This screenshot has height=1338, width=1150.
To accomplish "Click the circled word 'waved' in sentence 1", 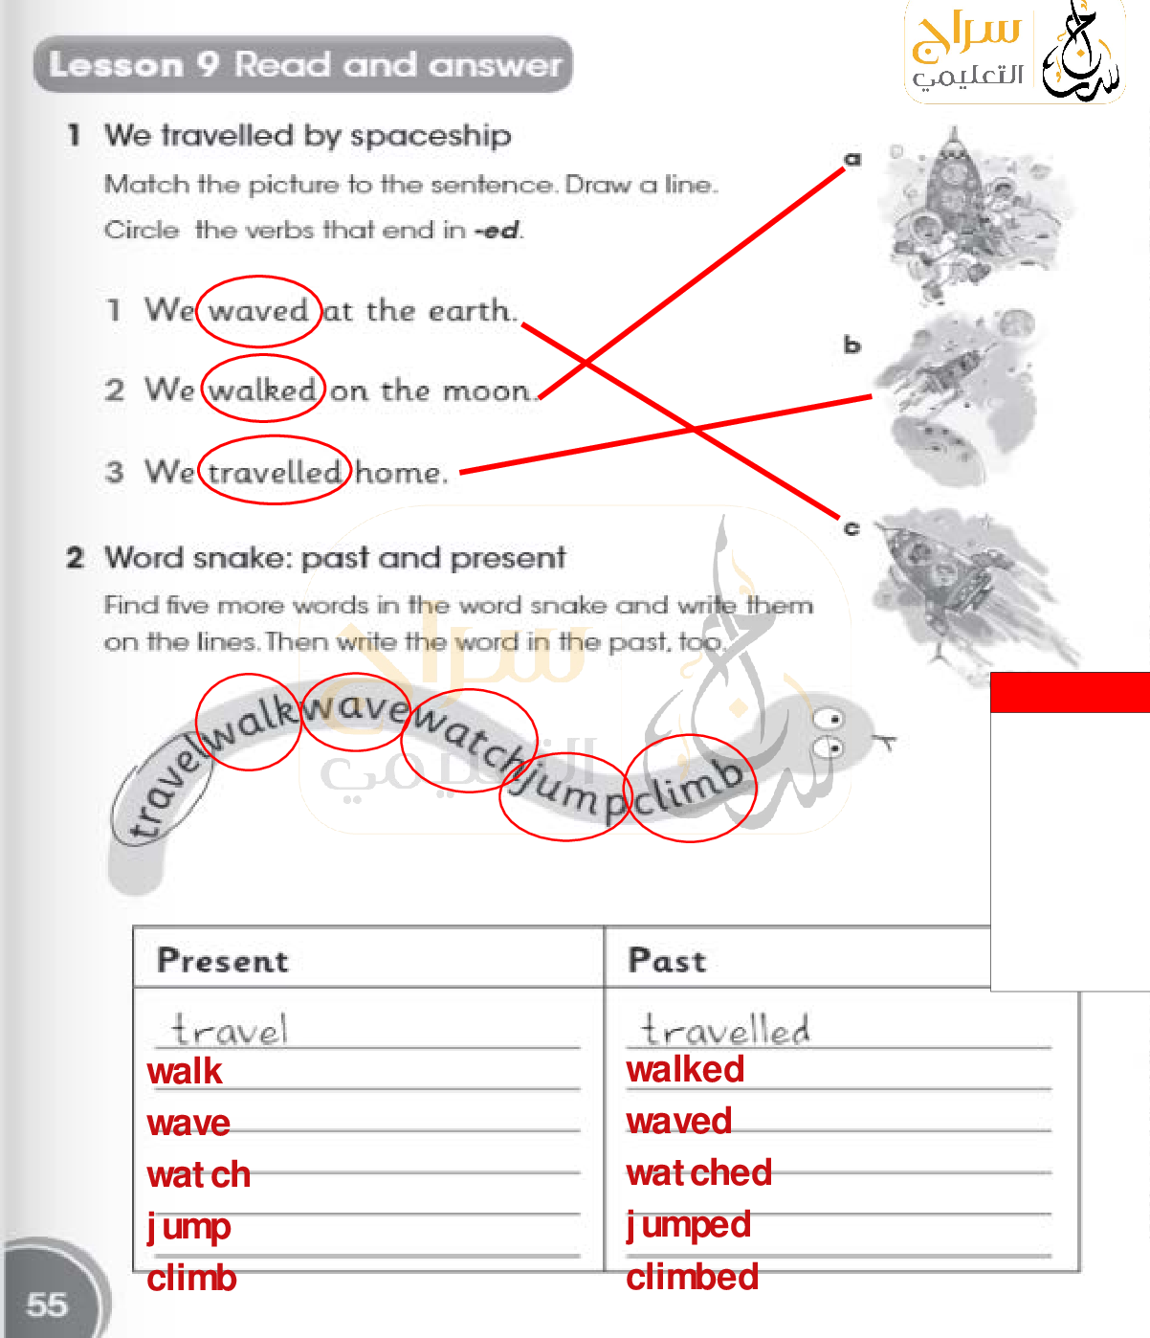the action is (258, 311).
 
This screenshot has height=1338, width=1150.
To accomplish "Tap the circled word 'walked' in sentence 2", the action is (262, 390).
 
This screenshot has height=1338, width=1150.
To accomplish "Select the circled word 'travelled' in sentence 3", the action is (275, 472).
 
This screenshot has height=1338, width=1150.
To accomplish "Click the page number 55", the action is (47, 1305).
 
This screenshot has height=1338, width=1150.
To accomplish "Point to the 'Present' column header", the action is (223, 960).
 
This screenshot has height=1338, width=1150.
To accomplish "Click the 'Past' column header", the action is (667, 960).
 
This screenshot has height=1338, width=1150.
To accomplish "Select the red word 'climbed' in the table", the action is (692, 1277).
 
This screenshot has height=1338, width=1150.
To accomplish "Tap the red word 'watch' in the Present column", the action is (199, 1174).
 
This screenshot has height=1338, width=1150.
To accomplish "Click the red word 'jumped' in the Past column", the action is (688, 1225).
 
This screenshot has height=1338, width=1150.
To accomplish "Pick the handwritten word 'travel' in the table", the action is (229, 1029).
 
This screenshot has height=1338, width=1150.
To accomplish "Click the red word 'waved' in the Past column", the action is (679, 1121).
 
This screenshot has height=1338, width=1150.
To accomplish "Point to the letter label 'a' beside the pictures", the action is (853, 159).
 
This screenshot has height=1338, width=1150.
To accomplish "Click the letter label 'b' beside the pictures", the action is (853, 344).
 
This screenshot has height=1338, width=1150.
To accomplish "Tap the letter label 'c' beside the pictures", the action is (852, 528).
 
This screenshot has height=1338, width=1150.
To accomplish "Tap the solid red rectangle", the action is (1070, 692).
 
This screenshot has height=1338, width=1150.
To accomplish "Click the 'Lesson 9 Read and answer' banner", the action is (303, 65).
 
